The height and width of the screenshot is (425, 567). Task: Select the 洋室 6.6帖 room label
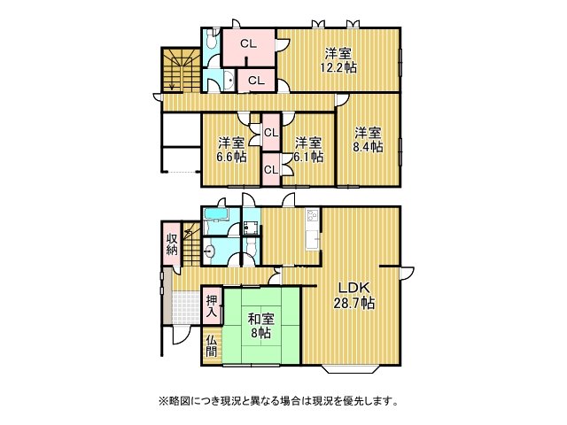pyautogui.click(x=231, y=150)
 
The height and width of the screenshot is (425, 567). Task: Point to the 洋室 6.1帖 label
pyautogui.click(x=307, y=150)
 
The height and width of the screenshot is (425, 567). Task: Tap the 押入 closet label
pyautogui.click(x=211, y=306)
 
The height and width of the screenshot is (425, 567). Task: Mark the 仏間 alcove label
pyautogui.click(x=211, y=344)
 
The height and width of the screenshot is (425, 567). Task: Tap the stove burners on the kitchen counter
pyautogui.click(x=313, y=215)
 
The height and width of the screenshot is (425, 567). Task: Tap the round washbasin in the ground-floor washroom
pyautogui.click(x=209, y=251)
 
